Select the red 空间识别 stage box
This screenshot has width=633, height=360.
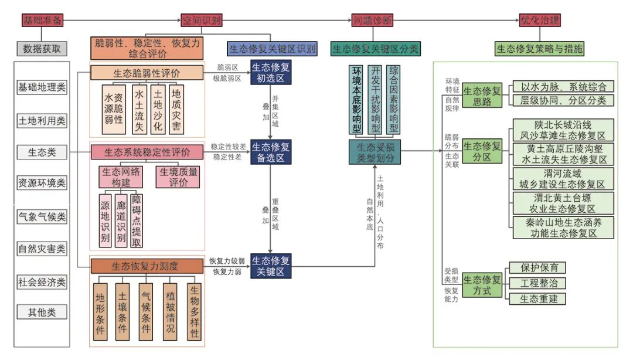[201, 21]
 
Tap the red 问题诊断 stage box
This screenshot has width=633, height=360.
[372, 21]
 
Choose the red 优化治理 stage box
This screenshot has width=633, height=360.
[540, 21]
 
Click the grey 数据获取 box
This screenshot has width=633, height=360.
[42, 49]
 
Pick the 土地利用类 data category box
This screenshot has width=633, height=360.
[42, 121]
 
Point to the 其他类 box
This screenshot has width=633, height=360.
[42, 312]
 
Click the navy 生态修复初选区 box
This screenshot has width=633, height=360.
[270, 73]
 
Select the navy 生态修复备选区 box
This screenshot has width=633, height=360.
[270, 151]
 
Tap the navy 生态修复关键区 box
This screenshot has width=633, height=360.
[270, 266]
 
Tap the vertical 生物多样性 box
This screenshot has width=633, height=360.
[194, 311]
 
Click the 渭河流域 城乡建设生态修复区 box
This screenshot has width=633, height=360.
[562, 179]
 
